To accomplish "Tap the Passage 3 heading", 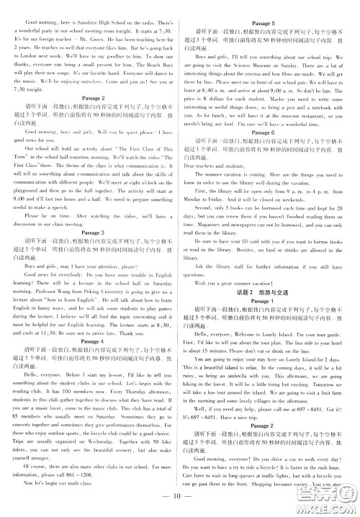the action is coord(91,233).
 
